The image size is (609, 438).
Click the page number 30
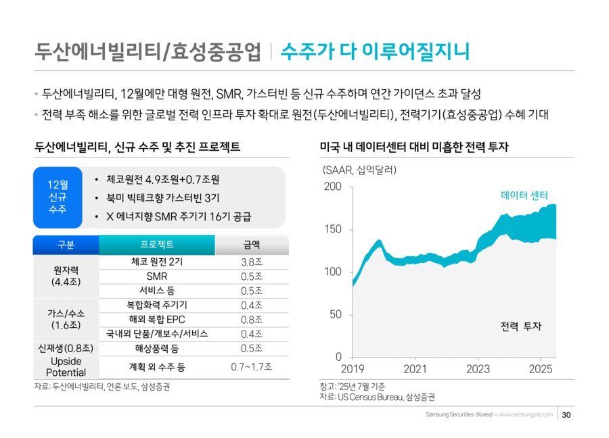coord(567,414)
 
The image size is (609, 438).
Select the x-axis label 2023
coord(478,369)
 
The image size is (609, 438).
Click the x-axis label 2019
coord(353,369)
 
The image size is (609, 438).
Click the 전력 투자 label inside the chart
coord(521,326)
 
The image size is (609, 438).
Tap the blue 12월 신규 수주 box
coord(58,197)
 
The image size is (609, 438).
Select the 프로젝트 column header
coord(156,245)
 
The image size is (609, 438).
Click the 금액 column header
coord(251,245)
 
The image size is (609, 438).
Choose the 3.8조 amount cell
coord(251,262)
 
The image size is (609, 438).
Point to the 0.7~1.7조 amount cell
coord(251,366)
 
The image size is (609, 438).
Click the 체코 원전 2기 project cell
coord(156,262)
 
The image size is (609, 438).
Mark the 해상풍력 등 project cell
coord(156,348)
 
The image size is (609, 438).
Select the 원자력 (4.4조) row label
coord(66,276)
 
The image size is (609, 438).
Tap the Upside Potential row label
coord(66,366)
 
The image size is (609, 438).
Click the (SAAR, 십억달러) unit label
coord(359,170)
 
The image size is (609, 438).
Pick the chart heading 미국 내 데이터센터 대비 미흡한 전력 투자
coord(413,147)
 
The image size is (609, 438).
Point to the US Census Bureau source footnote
coord(377,397)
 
